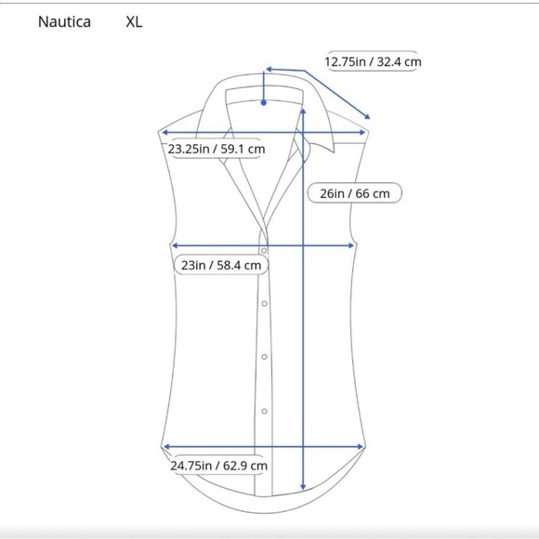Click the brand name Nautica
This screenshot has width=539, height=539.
(x=64, y=22)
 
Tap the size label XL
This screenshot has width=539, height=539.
(x=134, y=22)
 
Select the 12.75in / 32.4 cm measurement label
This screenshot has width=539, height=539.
(x=373, y=62)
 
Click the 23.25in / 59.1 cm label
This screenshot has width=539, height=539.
(x=217, y=149)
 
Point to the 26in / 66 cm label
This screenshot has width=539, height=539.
(x=355, y=193)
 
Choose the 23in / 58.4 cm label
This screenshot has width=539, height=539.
(x=221, y=266)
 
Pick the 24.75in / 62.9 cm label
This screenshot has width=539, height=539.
(x=219, y=466)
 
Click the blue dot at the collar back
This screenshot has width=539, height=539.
(x=264, y=103)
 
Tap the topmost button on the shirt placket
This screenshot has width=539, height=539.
(x=264, y=251)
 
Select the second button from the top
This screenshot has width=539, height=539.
(x=264, y=304)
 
